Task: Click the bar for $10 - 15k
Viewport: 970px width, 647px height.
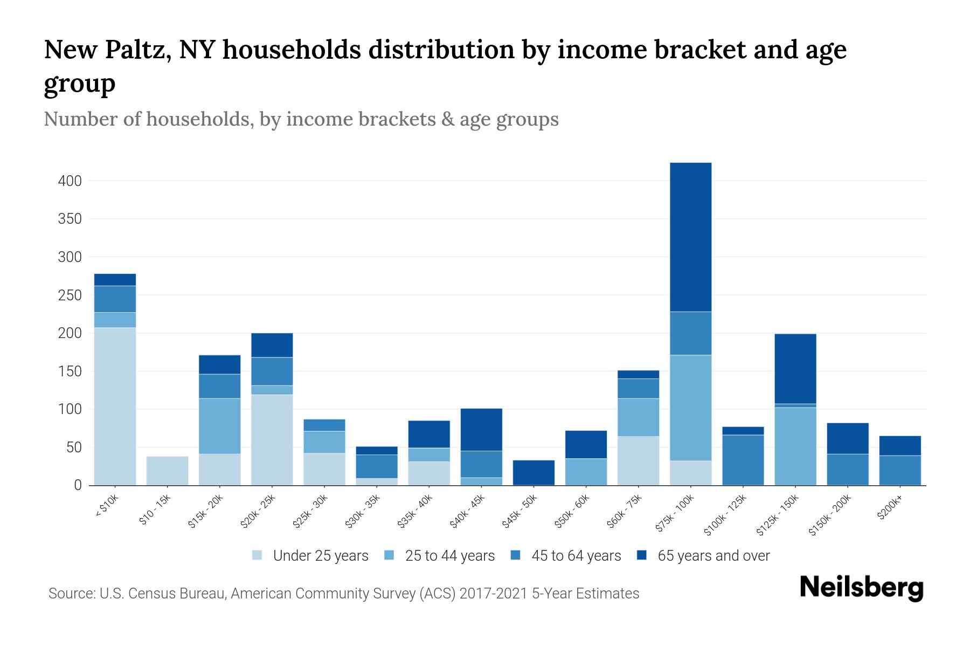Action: [x=167, y=471]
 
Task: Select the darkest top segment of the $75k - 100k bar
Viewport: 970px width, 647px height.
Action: [x=690, y=237]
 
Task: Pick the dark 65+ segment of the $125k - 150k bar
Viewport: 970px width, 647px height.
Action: [x=795, y=369]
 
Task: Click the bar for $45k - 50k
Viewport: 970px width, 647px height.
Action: [x=533, y=472]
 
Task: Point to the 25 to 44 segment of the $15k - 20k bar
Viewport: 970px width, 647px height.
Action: [x=219, y=426]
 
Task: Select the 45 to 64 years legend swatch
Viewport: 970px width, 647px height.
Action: [x=516, y=555]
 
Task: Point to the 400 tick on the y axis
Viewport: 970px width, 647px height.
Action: [x=70, y=181]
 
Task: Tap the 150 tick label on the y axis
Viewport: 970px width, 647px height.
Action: [x=70, y=371]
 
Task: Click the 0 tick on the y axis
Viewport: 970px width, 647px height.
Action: [x=78, y=485]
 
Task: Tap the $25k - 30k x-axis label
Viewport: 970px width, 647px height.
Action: [x=310, y=511]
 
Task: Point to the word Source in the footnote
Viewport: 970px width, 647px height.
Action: [x=71, y=594]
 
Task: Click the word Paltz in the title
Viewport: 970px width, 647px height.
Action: [x=138, y=50]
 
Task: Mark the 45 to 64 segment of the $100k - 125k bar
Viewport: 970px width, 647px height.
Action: [x=743, y=460]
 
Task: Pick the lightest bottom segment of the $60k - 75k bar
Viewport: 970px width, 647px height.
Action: [x=638, y=461]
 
